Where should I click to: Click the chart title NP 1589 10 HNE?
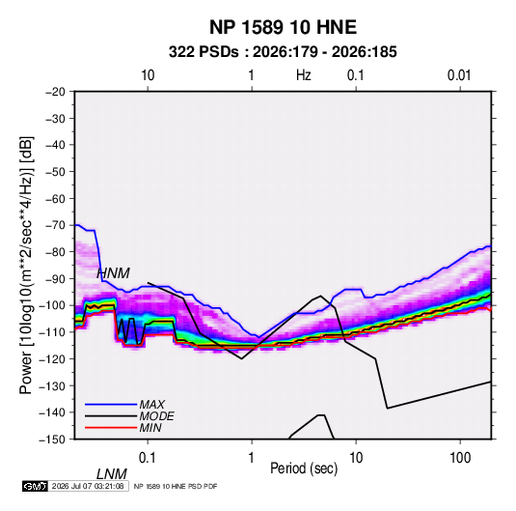coord(283,27)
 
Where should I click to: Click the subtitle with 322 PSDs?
coord(283,52)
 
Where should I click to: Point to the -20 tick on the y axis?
coord(55,92)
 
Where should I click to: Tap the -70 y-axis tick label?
coord(55,225)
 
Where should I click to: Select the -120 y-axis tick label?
coord(53,358)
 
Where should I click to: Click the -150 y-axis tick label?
coord(53,440)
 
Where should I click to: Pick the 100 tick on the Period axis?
coord(460,458)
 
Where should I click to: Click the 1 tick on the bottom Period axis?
coord(252,458)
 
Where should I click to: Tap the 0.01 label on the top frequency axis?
coord(459,75)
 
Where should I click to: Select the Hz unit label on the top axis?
coord(304,75)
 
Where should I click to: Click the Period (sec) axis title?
coord(304,468)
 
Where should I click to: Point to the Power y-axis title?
coord(26,265)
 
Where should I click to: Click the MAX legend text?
coord(152,405)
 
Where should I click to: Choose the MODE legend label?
coord(156,416)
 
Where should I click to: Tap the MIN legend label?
coord(150,428)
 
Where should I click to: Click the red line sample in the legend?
coord(111,428)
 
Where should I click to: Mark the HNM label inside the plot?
coord(113,273)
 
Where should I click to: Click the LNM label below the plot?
coord(112,474)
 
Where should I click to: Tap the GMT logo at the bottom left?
coord(36,486)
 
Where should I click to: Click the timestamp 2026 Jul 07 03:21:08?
coord(88,486)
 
